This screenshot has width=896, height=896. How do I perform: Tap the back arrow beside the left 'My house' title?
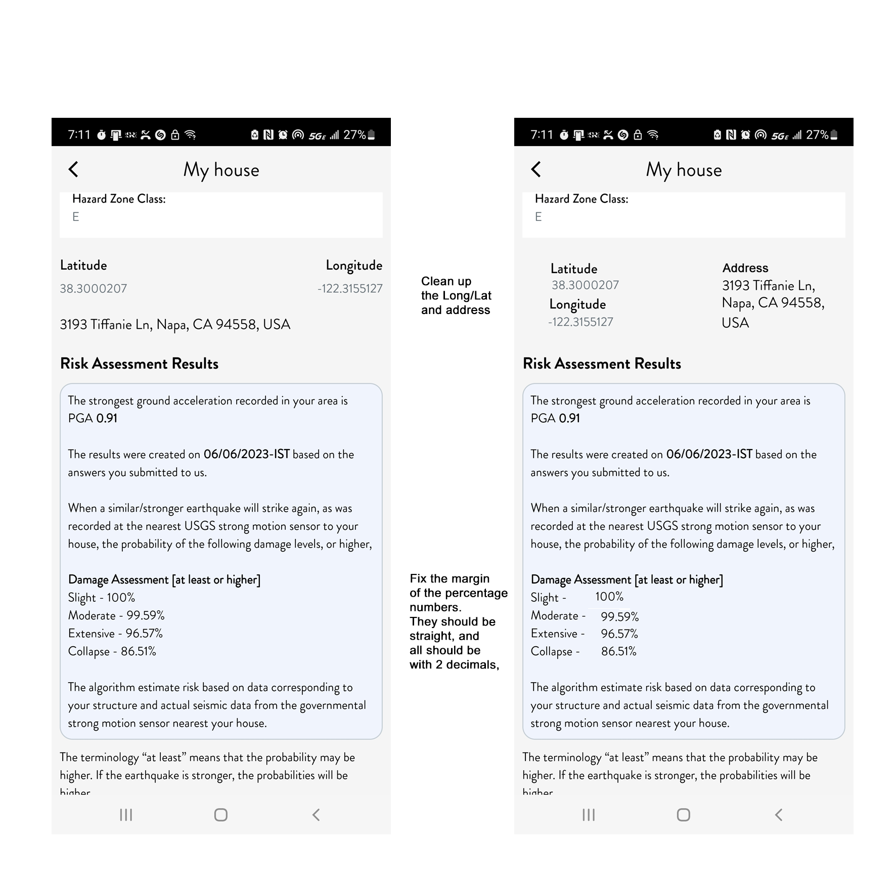73,169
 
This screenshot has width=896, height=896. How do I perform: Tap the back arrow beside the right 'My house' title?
536,169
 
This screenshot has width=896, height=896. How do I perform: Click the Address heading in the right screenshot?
745,268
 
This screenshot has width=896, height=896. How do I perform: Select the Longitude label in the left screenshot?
353,265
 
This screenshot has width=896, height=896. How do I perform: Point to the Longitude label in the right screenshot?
577,304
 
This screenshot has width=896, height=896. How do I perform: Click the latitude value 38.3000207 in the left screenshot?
94,289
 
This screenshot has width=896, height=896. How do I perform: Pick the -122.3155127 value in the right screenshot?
580,322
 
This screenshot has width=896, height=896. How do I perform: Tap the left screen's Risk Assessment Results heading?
139,364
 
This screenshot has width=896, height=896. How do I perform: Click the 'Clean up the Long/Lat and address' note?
456,295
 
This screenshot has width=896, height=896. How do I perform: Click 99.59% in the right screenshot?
619,617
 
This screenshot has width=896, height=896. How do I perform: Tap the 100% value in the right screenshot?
609,597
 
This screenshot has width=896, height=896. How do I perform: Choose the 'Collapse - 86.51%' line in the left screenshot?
112,651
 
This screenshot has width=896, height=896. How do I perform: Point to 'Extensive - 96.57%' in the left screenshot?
115,634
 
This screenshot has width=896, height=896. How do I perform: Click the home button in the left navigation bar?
220,815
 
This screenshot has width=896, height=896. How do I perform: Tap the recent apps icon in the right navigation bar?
588,815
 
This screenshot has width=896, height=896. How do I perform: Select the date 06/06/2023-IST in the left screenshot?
246,454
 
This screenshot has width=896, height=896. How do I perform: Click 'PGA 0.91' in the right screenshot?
555,418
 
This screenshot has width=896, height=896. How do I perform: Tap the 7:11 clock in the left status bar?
79,135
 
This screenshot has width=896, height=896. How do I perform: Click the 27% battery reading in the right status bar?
817,135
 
